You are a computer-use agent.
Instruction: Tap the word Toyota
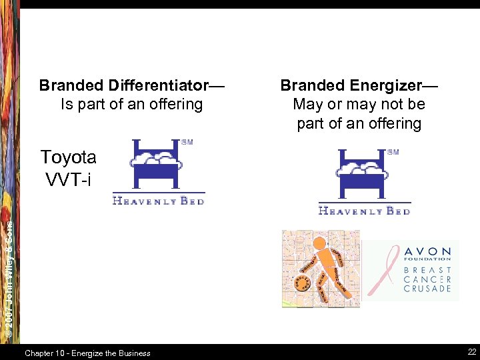click(68, 157)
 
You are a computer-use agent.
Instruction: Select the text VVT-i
click(68, 179)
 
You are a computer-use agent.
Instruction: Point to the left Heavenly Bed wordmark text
click(159, 201)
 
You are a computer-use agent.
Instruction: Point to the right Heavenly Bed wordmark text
click(364, 211)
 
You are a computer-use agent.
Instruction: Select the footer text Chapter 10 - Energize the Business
click(87, 353)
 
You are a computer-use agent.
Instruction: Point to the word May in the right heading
click(309, 105)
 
